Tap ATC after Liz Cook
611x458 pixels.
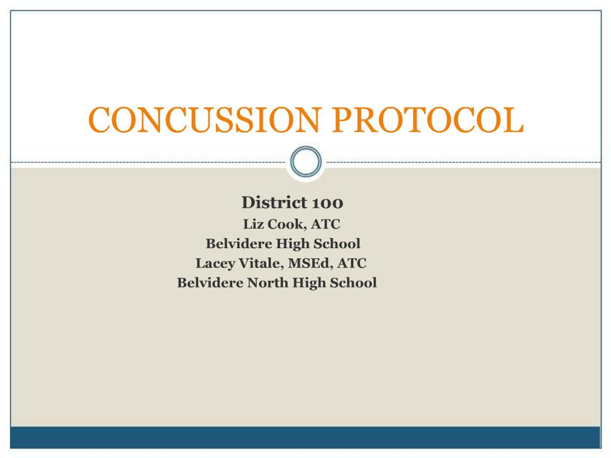[x=325, y=224]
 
